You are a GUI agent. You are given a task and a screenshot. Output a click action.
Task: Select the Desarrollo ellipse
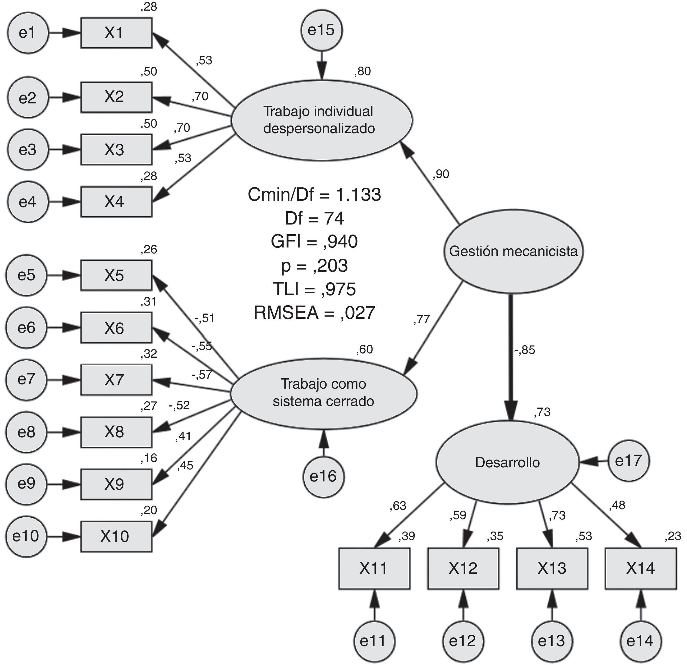coord(507,462)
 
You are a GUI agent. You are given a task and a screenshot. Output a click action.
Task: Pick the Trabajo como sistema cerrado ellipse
coord(323,393)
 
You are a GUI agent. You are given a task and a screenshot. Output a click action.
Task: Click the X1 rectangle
coord(116,33)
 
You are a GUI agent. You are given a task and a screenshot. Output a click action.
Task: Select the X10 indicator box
coord(116,536)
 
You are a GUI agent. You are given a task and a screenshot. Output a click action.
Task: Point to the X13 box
coord(552,568)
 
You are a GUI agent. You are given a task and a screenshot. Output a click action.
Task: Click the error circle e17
coord(628,461)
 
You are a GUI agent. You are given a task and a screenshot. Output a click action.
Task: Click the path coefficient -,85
coord(525,350)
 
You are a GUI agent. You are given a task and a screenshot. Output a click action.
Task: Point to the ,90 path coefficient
coord(441,174)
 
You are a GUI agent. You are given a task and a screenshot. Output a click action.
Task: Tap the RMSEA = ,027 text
coord(314,313)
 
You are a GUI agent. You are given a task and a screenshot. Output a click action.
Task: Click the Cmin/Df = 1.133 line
coord(314,194)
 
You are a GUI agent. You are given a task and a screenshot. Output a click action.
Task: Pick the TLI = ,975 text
coord(314,289)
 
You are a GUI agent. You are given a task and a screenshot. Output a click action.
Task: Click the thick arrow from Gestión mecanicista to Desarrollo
coord(511,351)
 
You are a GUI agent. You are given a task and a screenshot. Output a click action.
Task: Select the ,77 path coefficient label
coord(421,319)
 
